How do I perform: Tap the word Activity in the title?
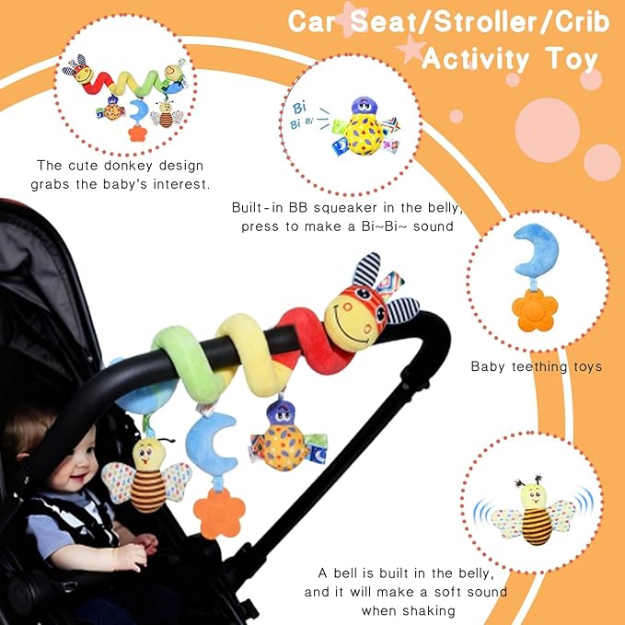coord(476,60)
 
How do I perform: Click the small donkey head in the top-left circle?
coord(79,70)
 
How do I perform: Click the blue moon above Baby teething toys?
coord(537,250)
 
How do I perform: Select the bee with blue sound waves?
coord(534,512)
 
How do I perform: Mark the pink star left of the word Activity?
coord(411,50)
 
